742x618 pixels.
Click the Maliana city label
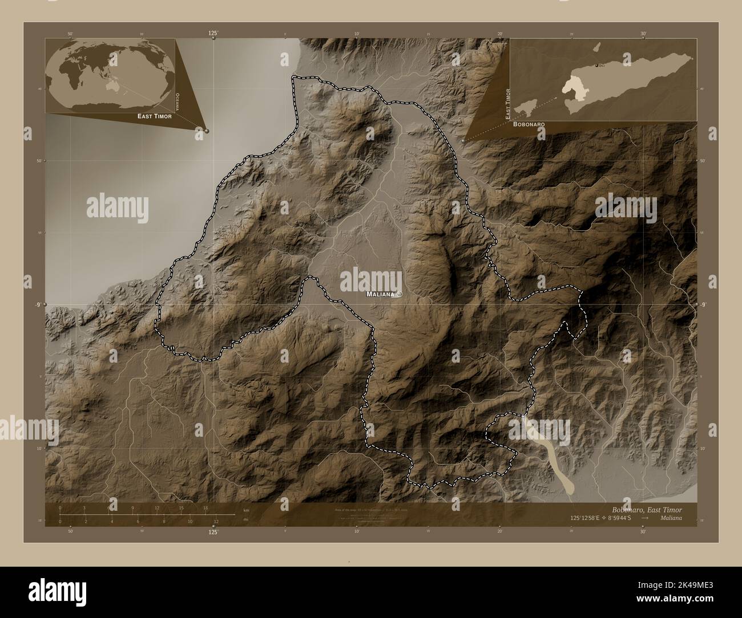click(380, 295)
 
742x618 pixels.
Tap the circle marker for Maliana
click(400, 294)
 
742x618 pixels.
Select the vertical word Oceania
click(178, 101)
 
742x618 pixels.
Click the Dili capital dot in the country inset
click(597, 66)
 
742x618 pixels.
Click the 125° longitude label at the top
click(213, 34)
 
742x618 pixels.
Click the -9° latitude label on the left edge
click(37, 305)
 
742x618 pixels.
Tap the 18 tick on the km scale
click(205, 508)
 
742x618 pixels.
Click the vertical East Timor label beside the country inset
click(507, 103)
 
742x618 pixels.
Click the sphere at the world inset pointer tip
click(207, 131)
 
